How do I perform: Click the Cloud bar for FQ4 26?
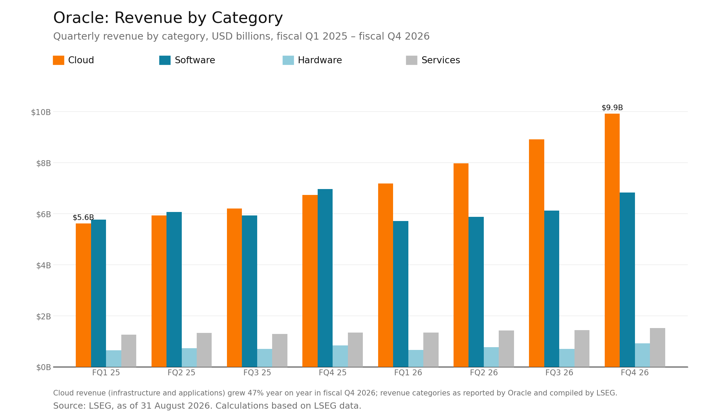[x=612, y=240]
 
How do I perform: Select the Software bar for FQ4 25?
[x=325, y=278]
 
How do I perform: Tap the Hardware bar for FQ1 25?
[x=114, y=359]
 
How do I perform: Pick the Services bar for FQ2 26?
[x=506, y=349]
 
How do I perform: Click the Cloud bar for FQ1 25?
[x=83, y=295]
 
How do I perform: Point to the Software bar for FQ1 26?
[x=401, y=294]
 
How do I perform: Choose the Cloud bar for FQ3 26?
[x=537, y=253]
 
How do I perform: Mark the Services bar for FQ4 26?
[x=658, y=347]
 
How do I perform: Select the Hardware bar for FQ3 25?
[x=264, y=358]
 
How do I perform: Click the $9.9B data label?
[x=612, y=108]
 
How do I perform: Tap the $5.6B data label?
[x=83, y=218]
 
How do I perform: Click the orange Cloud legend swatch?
[x=58, y=60]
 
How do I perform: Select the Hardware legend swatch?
[x=288, y=60]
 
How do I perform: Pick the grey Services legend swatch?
[x=411, y=60]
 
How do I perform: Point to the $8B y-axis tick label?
[x=43, y=163]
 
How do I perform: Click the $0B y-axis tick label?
[x=43, y=367]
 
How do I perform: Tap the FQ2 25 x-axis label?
[x=181, y=373]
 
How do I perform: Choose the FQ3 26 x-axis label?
[x=559, y=373]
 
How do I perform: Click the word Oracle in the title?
[x=81, y=18]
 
